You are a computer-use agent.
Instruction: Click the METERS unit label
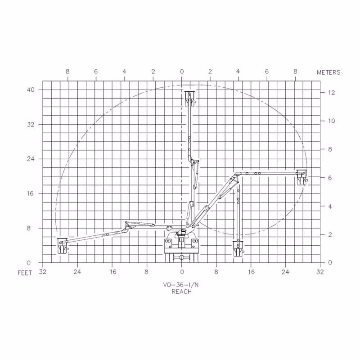point(328,72)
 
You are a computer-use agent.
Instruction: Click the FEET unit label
point(25,273)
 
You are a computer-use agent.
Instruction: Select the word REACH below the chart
point(181,292)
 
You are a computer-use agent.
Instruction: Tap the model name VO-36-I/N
point(181,285)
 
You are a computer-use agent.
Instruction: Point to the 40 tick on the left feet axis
point(31,90)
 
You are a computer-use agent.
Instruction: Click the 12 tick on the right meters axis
point(332,93)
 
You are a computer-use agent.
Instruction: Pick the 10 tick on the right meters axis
point(332,121)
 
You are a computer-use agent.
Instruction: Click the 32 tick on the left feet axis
point(31,125)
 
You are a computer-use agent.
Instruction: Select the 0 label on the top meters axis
point(182,72)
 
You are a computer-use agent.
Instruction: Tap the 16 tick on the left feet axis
point(31,193)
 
